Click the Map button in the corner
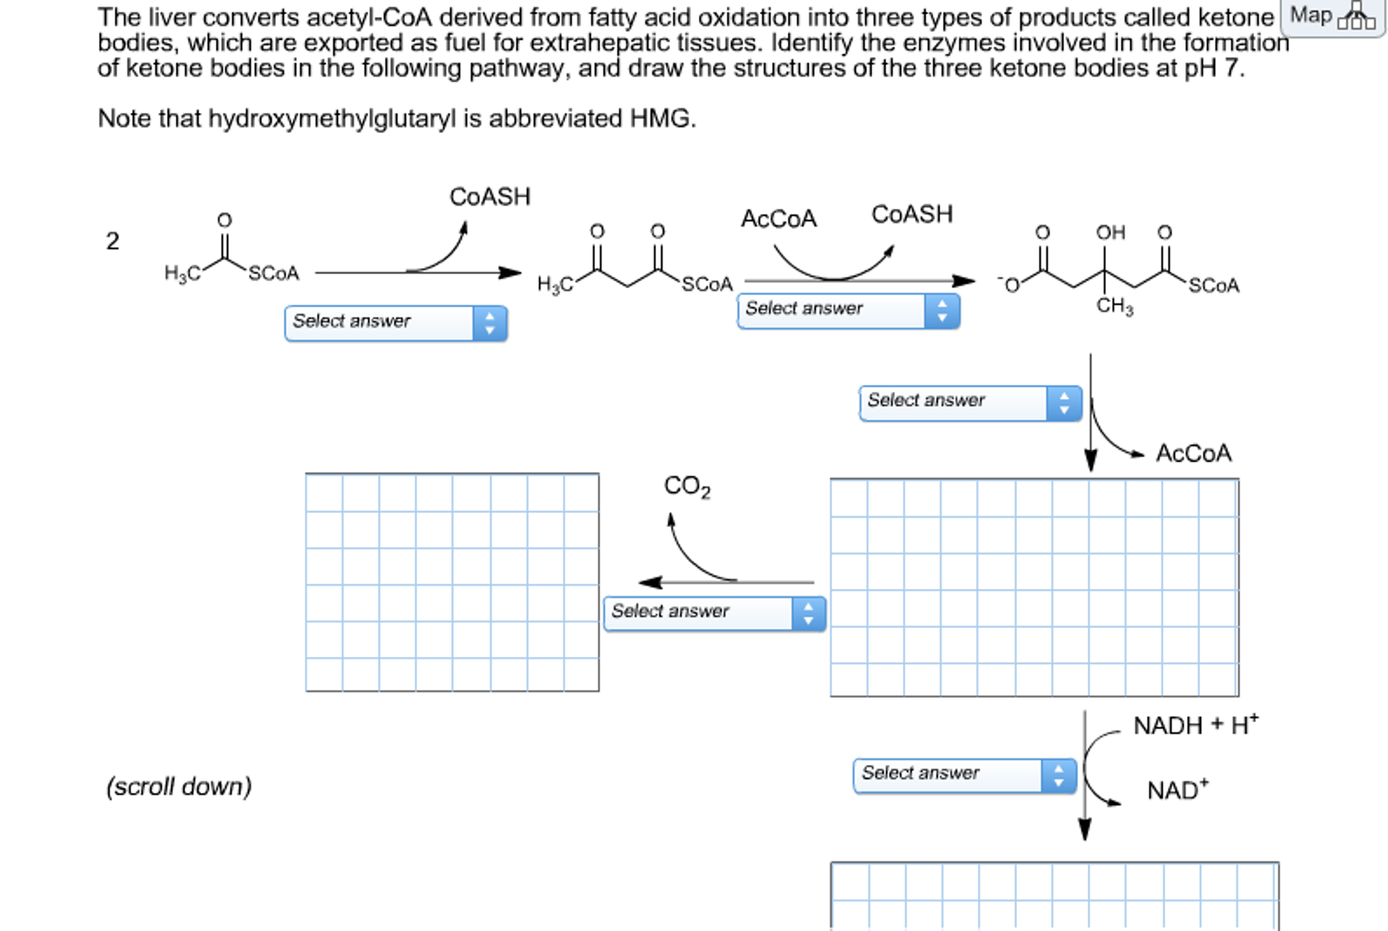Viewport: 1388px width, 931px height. pos(1330,16)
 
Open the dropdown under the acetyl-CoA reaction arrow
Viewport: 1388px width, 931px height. pos(396,323)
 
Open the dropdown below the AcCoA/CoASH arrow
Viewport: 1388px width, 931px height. pos(848,311)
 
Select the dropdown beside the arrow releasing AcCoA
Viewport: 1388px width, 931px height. pos(969,403)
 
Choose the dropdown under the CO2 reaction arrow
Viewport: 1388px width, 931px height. pos(714,613)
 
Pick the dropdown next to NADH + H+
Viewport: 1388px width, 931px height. pos(964,775)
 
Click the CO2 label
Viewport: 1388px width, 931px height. pos(687,486)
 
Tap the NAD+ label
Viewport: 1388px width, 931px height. pos(1177,790)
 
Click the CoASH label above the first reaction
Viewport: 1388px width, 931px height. pos(490,197)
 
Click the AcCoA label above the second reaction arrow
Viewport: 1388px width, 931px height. pos(778,218)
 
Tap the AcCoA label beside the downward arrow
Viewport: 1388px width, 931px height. pos(1193,453)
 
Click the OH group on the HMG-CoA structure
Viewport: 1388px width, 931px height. pos(1110,233)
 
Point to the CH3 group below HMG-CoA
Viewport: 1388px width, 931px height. pos(1114,306)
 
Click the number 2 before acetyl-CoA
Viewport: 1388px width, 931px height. pos(113,241)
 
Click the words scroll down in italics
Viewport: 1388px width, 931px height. pos(179,787)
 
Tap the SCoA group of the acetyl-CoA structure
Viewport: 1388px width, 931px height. pos(273,273)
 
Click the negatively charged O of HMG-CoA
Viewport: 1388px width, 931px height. pos(1010,285)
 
